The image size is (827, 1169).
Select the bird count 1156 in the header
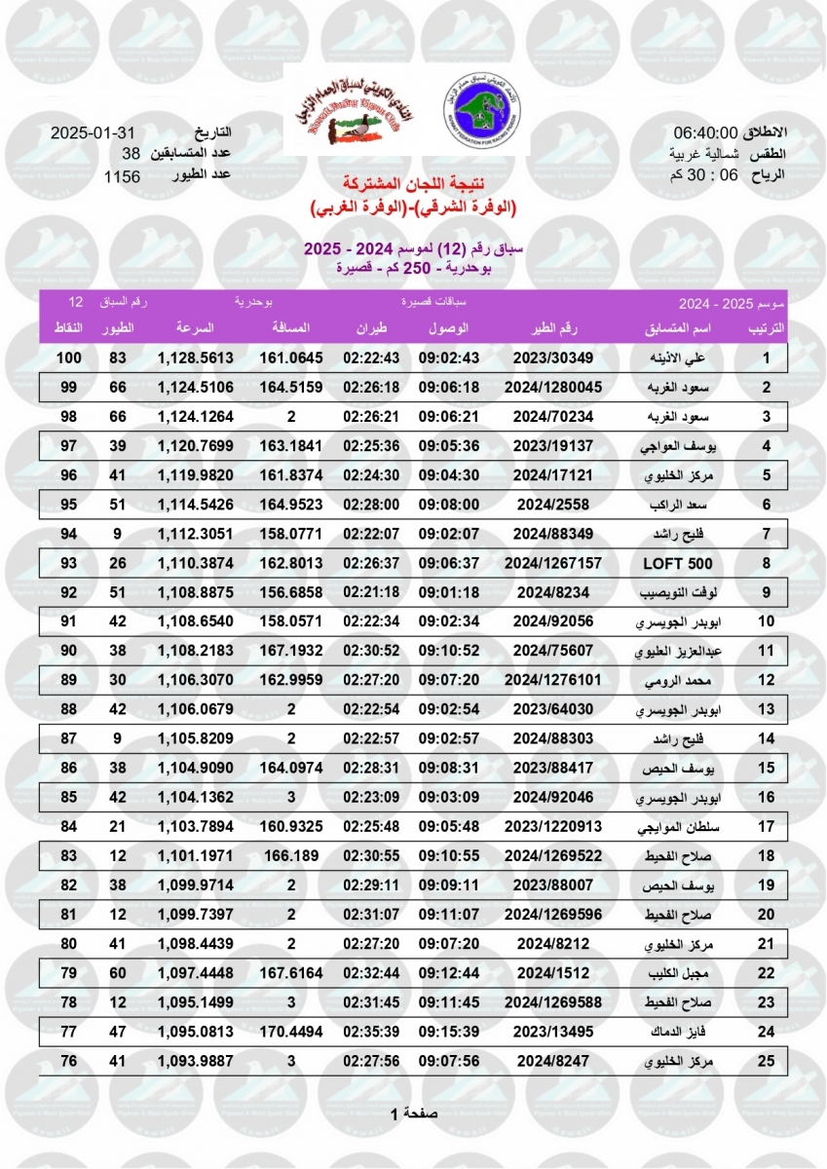pos(123,176)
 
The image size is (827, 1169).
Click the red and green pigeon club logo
pos(354,114)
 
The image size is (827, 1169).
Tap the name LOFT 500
pos(678,564)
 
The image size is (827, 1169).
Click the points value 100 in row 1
pos(67,358)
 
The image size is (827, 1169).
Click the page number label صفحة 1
pos(414,1112)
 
